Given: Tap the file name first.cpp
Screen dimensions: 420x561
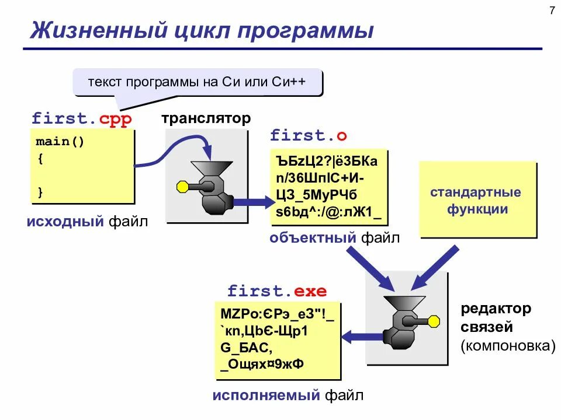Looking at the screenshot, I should click(82, 119).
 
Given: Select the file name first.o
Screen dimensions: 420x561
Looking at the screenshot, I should click(309, 136).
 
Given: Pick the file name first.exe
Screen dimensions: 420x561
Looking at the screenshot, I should click(277, 291).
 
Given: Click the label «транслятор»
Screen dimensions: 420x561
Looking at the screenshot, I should click(206, 119).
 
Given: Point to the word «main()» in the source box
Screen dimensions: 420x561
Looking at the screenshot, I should click(60, 142).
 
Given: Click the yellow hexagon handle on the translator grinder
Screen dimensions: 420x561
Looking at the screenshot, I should click(182, 187).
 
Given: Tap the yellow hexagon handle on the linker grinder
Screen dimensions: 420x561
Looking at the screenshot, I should click(434, 320).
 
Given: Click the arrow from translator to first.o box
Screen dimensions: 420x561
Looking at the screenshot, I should click(251, 202).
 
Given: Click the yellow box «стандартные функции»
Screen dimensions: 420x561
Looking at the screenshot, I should click(477, 200).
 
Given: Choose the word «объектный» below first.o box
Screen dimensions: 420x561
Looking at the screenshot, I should click(313, 237).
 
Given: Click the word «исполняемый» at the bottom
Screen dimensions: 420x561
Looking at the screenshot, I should click(266, 396).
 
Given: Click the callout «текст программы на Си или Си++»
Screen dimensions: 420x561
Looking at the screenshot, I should click(197, 82).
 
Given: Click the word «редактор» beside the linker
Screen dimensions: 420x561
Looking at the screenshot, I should click(496, 308).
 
